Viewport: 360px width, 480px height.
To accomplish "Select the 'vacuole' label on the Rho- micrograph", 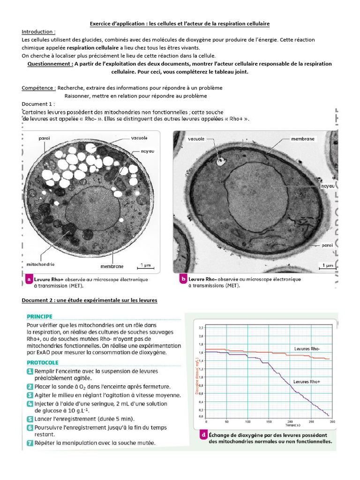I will pos(196,139).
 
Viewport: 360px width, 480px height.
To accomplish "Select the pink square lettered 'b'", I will pos(183,279).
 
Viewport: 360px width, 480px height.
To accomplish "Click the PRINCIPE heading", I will pos(39,316).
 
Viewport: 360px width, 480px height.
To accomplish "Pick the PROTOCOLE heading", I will pos(43,362).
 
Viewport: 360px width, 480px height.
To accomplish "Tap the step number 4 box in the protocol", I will pos(30,404).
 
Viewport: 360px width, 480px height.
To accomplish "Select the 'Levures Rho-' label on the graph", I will pos(307,349).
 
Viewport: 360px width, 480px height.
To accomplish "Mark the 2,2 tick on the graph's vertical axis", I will pos(201,328).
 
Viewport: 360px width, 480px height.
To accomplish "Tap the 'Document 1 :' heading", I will pos(38,104).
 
